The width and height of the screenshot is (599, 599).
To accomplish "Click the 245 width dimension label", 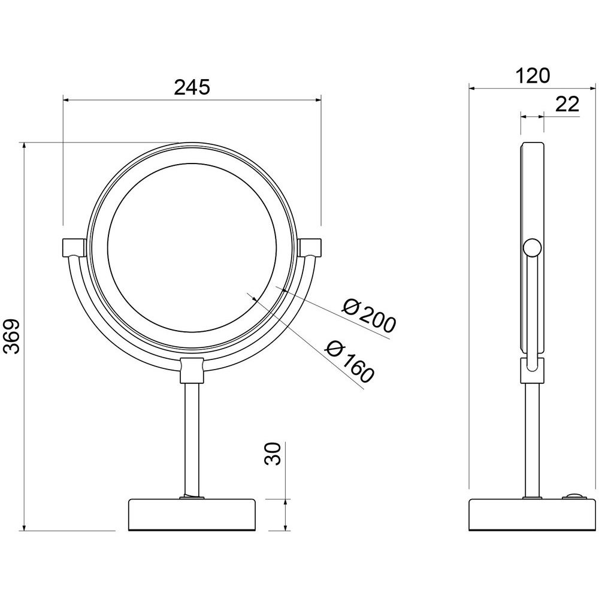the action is [x=192, y=87].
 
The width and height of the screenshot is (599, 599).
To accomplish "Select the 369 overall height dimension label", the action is [x=11, y=337].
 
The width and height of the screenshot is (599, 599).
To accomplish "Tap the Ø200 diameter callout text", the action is [x=368, y=313].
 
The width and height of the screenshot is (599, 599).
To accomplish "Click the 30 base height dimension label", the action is [x=273, y=454].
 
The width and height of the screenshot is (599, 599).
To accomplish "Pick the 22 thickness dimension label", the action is [x=567, y=104].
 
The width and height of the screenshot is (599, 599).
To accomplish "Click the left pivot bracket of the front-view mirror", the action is [x=74, y=248].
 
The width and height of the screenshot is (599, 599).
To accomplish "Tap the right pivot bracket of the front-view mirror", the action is [x=310, y=248].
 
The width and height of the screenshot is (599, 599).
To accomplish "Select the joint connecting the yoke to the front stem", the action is [x=192, y=370].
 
